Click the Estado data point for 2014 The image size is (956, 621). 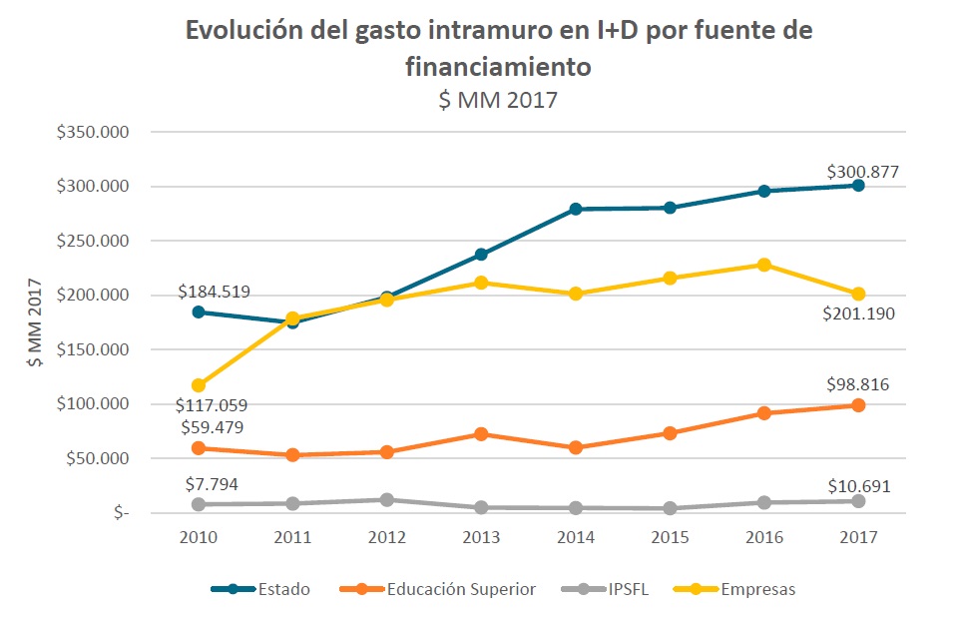[x=576, y=209]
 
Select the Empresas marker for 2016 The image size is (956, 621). [x=764, y=265]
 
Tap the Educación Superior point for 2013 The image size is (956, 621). [x=482, y=434]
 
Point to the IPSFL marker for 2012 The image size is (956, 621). [x=387, y=499]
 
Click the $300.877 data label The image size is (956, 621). [x=862, y=172]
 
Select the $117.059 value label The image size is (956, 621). [x=213, y=405]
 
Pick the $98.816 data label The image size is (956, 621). [x=857, y=384]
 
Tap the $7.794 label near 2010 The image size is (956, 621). [x=213, y=484]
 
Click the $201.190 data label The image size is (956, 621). [x=859, y=313]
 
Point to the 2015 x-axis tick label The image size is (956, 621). [x=670, y=537]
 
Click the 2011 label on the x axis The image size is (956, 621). [x=292, y=537]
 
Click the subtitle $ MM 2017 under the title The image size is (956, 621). [x=499, y=100]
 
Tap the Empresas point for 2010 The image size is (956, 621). [x=199, y=385]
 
